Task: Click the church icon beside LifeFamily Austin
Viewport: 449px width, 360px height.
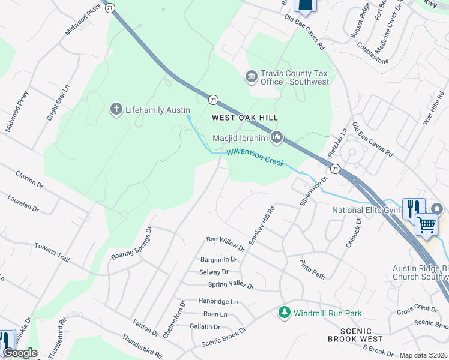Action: [x=116, y=109]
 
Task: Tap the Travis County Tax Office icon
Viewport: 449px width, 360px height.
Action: [x=251, y=76]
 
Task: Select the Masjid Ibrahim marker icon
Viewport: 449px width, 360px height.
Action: [x=277, y=138]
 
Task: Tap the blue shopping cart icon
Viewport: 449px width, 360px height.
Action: [x=427, y=224]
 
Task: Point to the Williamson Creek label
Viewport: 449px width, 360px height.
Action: [x=255, y=157]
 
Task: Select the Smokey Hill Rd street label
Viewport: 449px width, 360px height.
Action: [x=262, y=225]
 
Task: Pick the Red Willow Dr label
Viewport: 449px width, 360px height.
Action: [x=225, y=243]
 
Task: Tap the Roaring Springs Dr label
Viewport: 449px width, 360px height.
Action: [x=129, y=247]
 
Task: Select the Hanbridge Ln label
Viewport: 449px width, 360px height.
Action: [x=218, y=301]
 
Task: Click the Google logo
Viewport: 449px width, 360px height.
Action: [x=20, y=353]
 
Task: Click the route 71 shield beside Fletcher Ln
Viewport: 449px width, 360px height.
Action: [x=335, y=170]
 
